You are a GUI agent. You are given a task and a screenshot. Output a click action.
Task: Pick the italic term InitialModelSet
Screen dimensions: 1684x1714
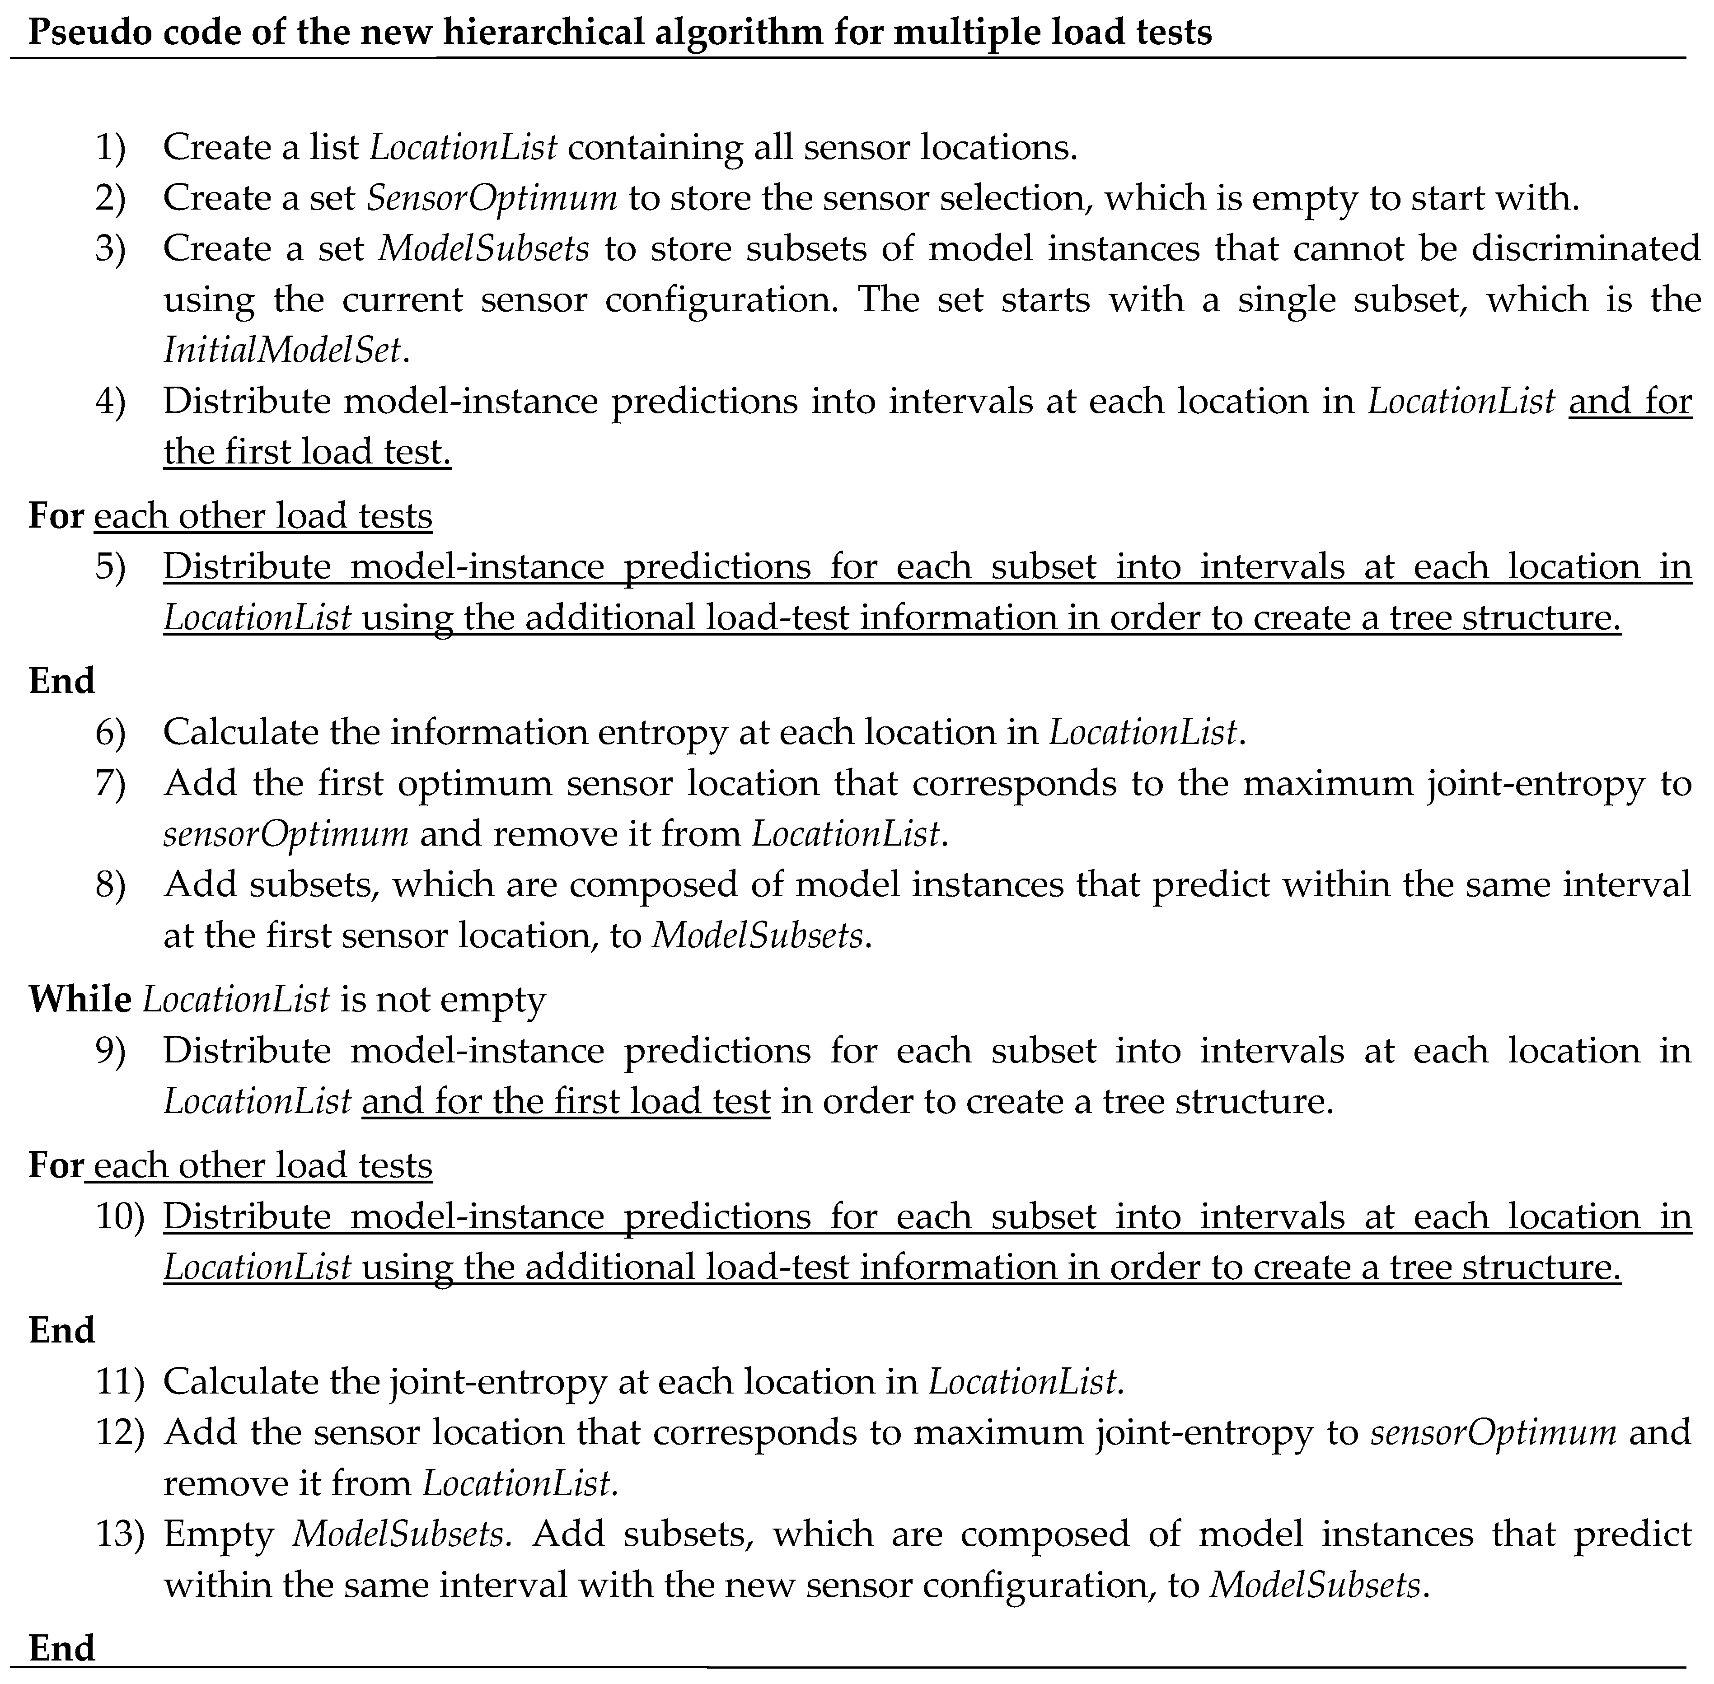(x=283, y=350)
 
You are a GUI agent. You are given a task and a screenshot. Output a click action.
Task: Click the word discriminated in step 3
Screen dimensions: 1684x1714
(x=1586, y=248)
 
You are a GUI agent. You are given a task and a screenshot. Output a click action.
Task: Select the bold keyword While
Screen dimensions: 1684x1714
(x=80, y=1000)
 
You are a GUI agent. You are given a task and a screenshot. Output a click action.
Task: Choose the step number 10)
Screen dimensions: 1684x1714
(x=119, y=1217)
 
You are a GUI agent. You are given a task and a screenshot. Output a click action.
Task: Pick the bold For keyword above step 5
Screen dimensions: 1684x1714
(x=56, y=516)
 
